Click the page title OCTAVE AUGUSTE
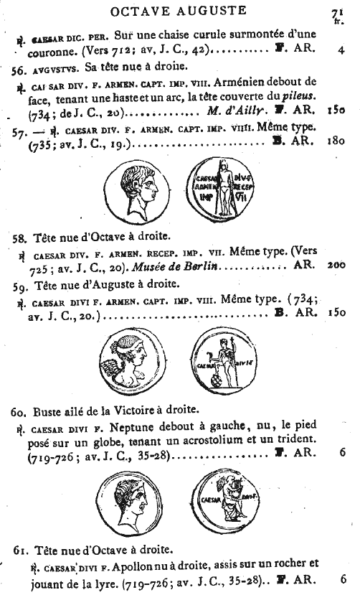coord(176,10)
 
